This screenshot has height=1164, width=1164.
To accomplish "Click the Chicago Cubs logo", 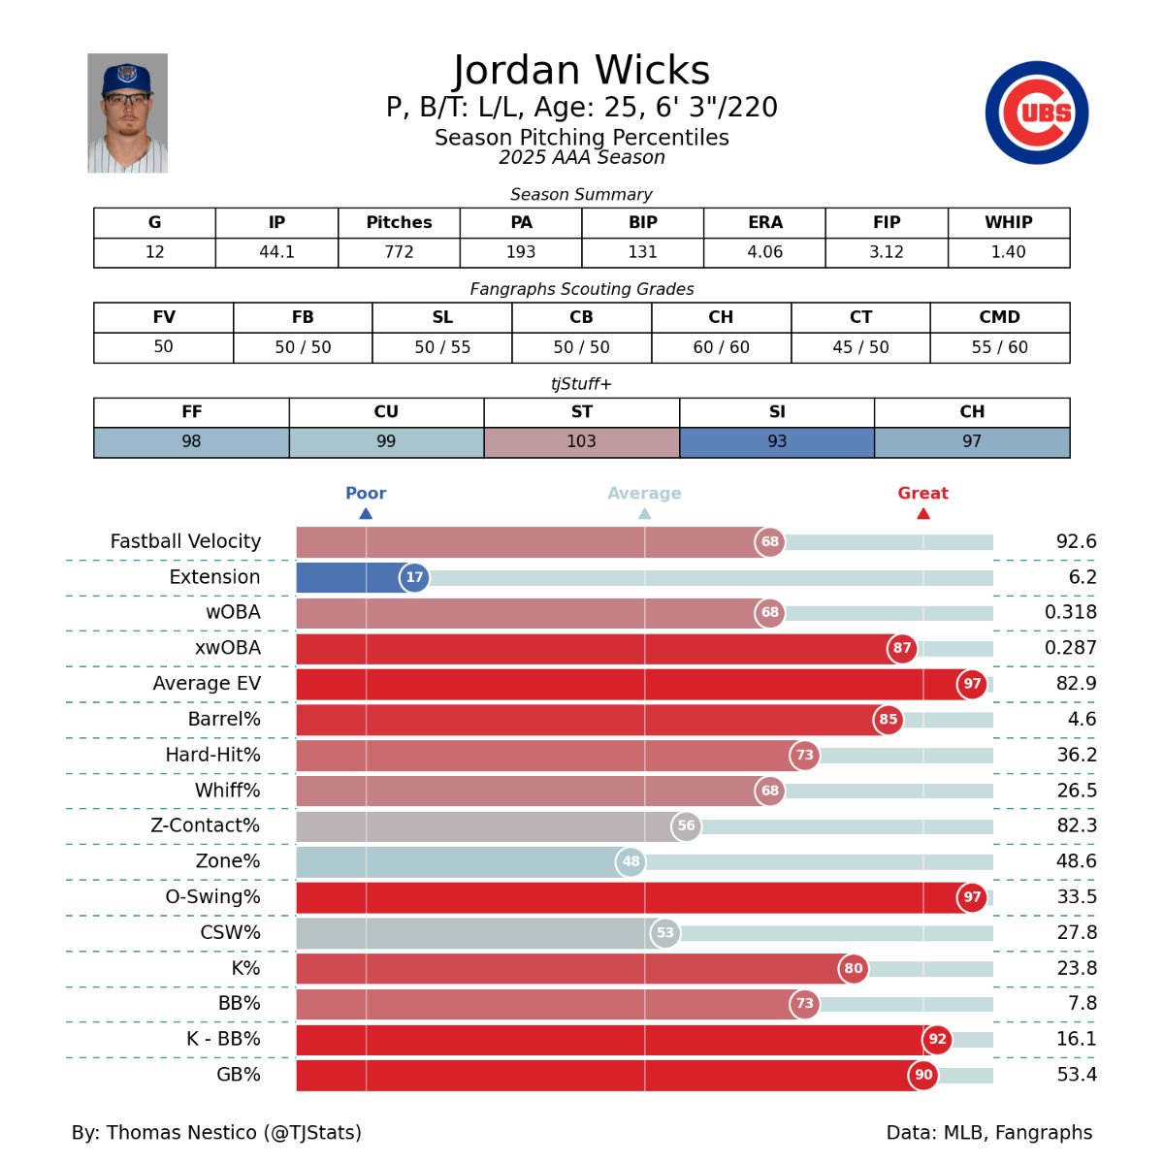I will [1037, 113].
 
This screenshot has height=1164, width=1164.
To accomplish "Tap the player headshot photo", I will [127, 113].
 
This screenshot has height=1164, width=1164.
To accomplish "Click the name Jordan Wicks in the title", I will [581, 71].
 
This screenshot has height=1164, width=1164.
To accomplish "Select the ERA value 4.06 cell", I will [764, 252].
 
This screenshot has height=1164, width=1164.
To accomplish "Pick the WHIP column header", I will [1008, 222].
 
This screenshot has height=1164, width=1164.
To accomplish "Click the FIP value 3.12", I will [887, 252].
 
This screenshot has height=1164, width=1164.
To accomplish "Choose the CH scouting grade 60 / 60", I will [721, 347].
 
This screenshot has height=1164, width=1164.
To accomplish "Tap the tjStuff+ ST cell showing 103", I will [581, 442].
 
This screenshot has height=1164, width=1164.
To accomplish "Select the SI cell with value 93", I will [777, 442].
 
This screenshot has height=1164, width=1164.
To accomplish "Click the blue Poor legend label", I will [366, 493].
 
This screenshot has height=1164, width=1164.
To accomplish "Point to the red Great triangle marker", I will [923, 514].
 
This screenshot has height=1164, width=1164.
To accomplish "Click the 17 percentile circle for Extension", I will [414, 577].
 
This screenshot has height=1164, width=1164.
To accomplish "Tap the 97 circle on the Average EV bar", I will [972, 684].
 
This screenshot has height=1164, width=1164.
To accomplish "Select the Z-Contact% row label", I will [205, 825].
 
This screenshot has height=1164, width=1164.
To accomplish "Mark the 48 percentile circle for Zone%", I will [630, 861].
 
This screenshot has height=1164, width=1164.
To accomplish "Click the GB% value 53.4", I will [1077, 1075].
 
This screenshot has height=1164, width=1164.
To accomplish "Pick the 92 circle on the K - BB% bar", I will [937, 1039].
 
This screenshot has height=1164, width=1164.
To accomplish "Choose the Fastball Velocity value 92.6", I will [1076, 541].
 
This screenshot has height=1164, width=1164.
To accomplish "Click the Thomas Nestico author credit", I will [216, 1132].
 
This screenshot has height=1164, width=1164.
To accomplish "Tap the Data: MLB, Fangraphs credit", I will [988, 1132].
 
